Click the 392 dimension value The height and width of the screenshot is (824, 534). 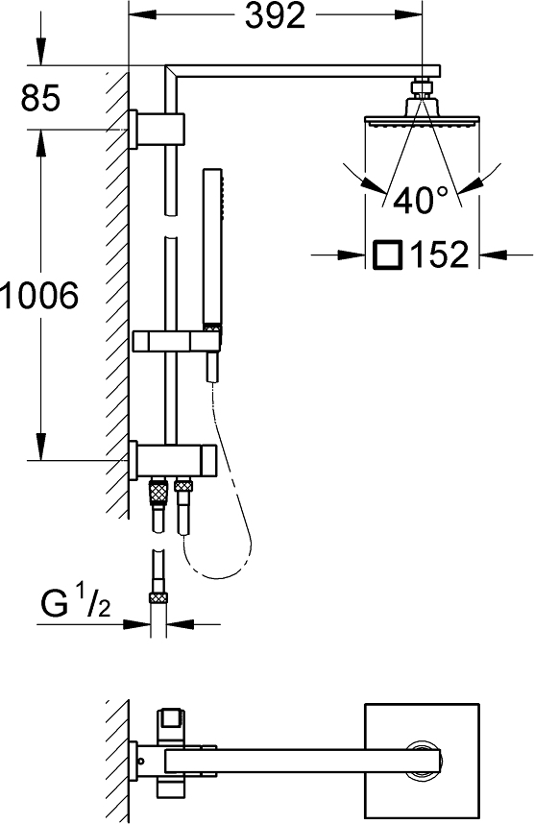tap(276, 15)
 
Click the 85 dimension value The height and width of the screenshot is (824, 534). tap(40, 97)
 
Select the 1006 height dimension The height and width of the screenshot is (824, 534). tap(39, 295)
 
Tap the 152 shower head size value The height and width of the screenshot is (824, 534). tap(439, 254)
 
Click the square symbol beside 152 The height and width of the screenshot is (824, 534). tap(387, 254)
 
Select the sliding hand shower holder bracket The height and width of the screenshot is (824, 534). tap(177, 341)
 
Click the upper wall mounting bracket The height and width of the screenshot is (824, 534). tap(157, 130)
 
